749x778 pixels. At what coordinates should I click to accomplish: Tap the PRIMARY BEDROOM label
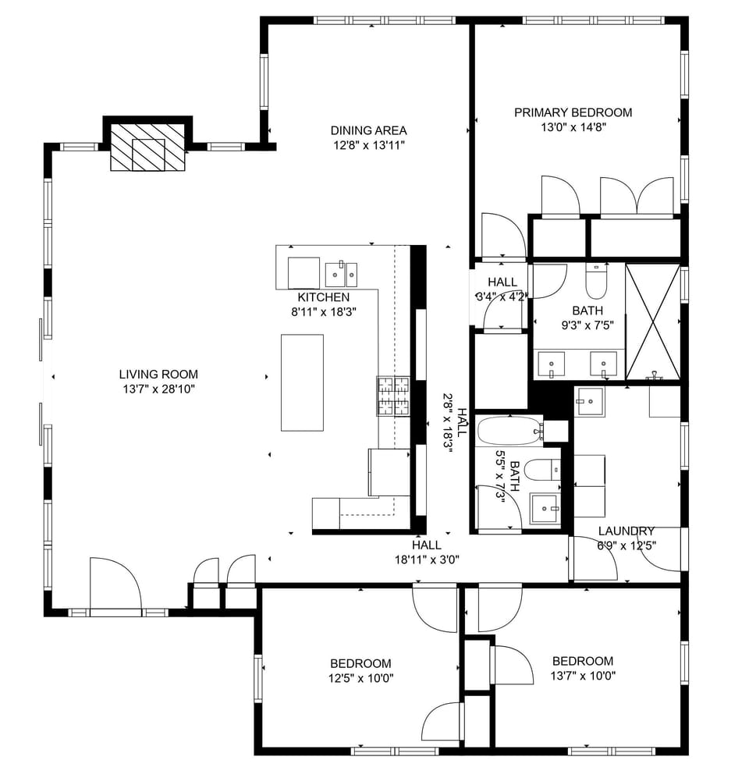pos(573,112)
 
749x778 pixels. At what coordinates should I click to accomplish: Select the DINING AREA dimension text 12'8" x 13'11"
pos(368,144)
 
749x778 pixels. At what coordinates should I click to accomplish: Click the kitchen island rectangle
pos(302,382)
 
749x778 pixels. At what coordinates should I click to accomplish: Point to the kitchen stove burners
pos(393,396)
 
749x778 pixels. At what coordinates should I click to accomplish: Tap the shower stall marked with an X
pos(653,322)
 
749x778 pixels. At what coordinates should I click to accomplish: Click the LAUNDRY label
pos(626,531)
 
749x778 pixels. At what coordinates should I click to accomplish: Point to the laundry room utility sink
pos(589,402)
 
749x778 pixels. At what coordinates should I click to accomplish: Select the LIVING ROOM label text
pos(158,374)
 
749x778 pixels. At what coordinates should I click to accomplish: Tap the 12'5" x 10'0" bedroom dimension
pos(361,677)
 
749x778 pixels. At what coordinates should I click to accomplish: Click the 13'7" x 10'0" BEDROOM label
pos(582,661)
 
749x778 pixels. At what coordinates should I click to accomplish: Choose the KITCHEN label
pos(323,297)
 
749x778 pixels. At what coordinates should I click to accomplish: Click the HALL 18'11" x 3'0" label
pos(426,552)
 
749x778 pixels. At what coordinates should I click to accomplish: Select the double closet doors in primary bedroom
pos(637,197)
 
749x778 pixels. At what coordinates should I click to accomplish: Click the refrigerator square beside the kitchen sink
pos(304,272)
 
